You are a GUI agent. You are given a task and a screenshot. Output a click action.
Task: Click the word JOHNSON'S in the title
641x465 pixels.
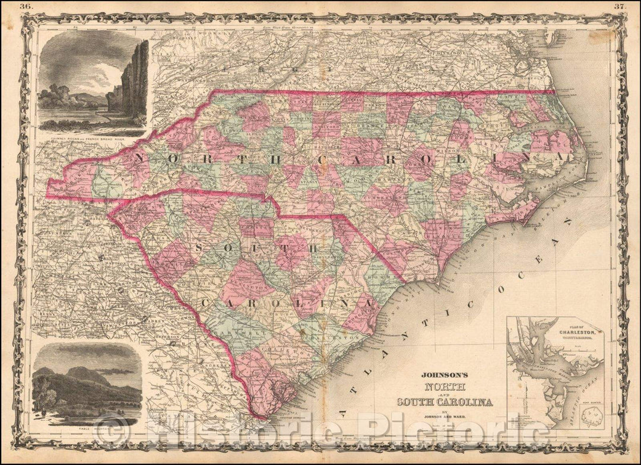click(x=445, y=374)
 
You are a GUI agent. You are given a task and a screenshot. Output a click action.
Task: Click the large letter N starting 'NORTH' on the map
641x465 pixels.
click(x=141, y=157)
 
